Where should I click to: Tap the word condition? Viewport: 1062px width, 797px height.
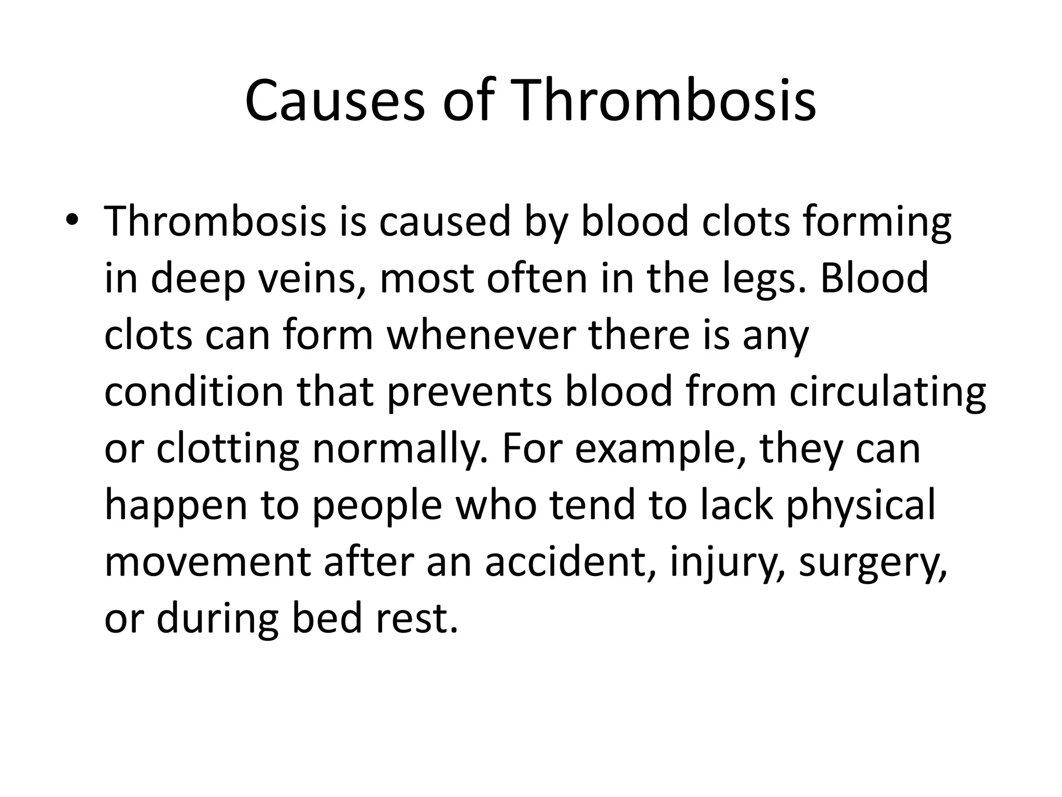[x=194, y=391]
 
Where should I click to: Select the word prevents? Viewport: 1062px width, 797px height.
[x=469, y=392]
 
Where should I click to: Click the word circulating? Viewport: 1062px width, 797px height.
[x=887, y=392]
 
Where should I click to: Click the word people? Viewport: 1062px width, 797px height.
[x=378, y=505]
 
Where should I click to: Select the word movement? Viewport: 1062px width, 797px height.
[x=207, y=562]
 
